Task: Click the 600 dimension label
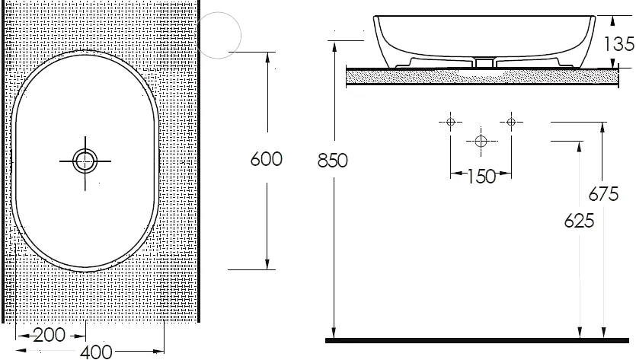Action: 267,159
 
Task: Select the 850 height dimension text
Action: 333,161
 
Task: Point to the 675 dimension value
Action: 603,194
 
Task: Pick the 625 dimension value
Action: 580,221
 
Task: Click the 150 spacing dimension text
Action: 480,177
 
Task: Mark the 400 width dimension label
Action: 96,352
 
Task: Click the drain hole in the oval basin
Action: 85,161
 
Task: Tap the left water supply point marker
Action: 451,122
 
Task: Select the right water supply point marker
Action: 510,122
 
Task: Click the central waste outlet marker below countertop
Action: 481,141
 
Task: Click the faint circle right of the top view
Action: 219,33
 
